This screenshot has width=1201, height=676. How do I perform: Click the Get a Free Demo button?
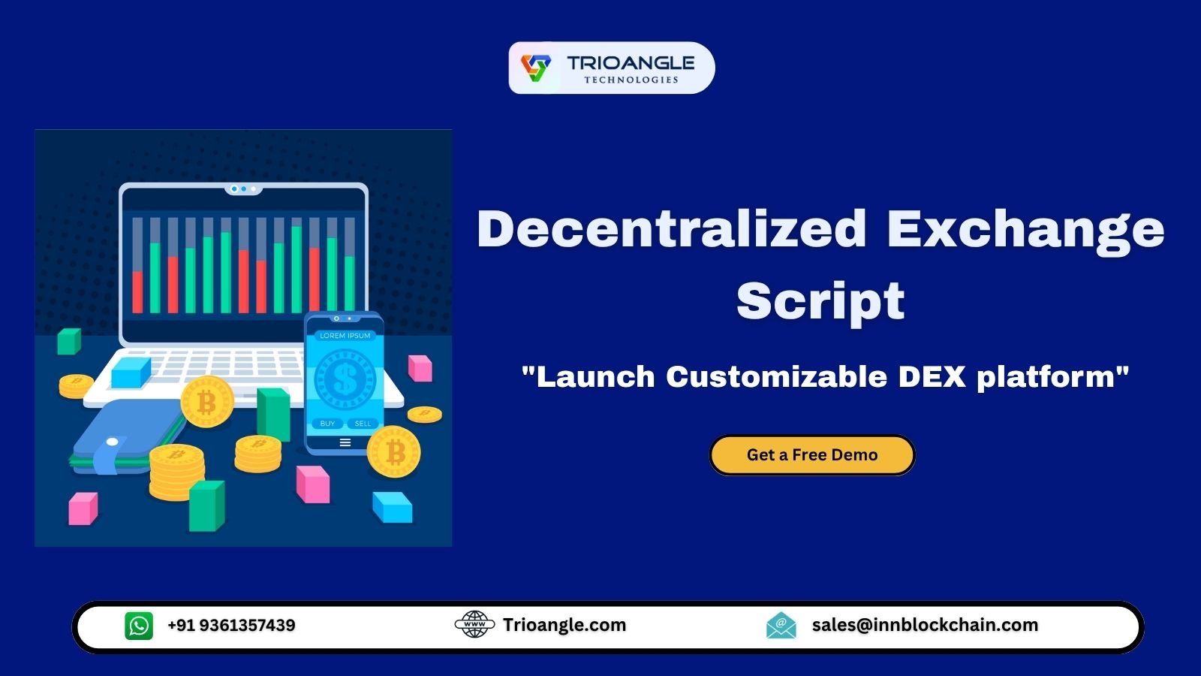(x=812, y=455)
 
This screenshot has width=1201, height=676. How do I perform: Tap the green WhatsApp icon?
(x=139, y=626)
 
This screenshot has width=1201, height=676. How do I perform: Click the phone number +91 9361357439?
(x=231, y=626)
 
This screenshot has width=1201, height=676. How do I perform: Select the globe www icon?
(x=474, y=624)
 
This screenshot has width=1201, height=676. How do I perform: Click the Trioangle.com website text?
(x=564, y=625)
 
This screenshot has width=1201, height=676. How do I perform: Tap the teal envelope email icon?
(x=781, y=625)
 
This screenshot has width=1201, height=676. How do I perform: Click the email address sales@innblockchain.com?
(x=925, y=625)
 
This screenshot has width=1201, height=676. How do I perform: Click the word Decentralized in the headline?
(x=672, y=228)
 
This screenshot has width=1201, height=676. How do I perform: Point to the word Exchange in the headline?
(x=1025, y=228)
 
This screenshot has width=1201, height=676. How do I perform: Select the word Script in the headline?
(x=820, y=301)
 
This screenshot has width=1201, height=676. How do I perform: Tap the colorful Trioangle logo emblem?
(x=536, y=68)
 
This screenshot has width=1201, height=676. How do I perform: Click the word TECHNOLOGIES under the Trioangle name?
(x=631, y=80)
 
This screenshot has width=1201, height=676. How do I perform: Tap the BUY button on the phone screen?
(x=327, y=424)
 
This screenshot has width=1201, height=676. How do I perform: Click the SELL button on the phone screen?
(x=363, y=424)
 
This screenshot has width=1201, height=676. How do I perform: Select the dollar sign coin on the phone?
(x=345, y=378)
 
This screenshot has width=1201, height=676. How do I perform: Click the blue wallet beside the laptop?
(x=124, y=436)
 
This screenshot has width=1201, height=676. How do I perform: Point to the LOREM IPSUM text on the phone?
(x=345, y=336)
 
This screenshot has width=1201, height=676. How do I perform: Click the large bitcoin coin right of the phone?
(x=394, y=452)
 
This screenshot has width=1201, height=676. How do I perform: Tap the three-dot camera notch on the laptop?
(x=243, y=189)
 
